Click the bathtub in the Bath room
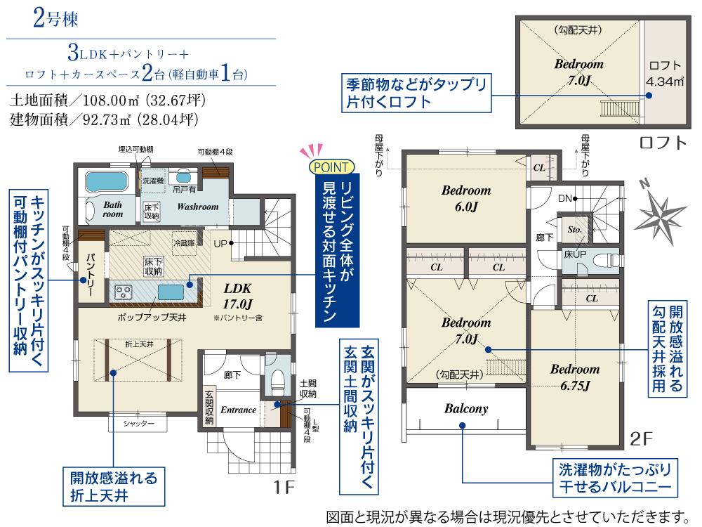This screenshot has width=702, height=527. [x=107, y=181]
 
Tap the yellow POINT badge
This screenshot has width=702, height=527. [x=332, y=167]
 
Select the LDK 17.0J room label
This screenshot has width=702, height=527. [x=238, y=297]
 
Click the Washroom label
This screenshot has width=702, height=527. [x=197, y=207]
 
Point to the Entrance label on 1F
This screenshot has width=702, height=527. [x=238, y=410]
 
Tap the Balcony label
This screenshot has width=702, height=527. [x=466, y=409]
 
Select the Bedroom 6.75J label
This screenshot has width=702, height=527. [x=575, y=377]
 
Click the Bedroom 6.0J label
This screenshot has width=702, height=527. [x=466, y=198]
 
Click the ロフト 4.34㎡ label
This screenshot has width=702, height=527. [x=664, y=74]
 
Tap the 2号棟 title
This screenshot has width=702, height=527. [x=56, y=19]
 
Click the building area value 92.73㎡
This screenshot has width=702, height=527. [x=107, y=119]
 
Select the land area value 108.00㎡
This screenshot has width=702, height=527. [x=111, y=100]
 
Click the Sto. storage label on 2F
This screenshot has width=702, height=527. [x=574, y=229]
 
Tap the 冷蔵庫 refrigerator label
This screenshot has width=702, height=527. [x=184, y=243]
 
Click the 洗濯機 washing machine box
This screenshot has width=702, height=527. [x=153, y=181]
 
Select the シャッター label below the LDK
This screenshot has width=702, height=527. [x=138, y=424]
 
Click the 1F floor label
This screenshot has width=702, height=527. [x=284, y=487]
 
